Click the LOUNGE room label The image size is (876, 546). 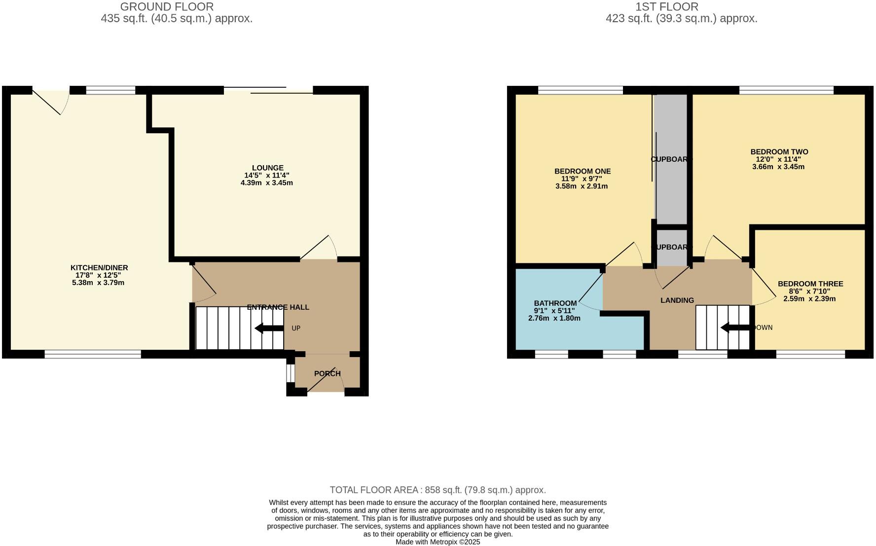[x=267, y=168]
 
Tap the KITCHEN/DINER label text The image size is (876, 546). [x=99, y=268]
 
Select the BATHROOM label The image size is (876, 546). [x=555, y=303]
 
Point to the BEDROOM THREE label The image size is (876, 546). [x=810, y=284]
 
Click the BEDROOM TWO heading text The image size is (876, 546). [x=779, y=152]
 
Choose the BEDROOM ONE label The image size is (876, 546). [x=582, y=172]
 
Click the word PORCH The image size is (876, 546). [x=327, y=373]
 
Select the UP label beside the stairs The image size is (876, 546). [x=296, y=328]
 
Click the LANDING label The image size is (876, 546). [x=677, y=300]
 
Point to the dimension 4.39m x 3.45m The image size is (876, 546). [x=266, y=183]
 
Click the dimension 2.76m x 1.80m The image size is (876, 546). [x=554, y=318]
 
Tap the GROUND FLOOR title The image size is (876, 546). [x=167, y=7]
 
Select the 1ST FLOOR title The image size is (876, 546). [x=666, y=7]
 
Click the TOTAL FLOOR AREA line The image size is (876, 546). [x=438, y=490]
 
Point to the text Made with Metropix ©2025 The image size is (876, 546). [x=438, y=542]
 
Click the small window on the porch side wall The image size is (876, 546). [x=290, y=373]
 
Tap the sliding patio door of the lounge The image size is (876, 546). [x=269, y=90]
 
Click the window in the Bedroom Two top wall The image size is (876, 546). [x=786, y=90]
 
